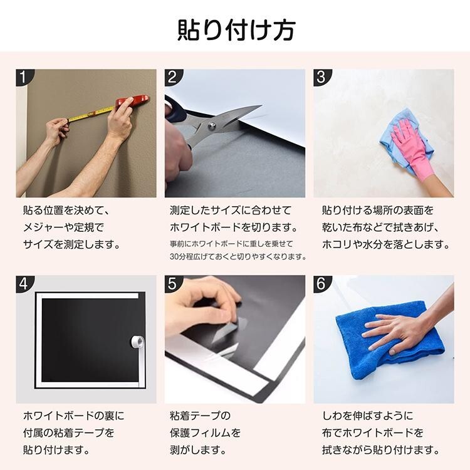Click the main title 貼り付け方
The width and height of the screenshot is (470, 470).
[236, 30]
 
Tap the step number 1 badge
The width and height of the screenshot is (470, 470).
[24, 77]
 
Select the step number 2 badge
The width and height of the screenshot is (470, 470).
[173, 77]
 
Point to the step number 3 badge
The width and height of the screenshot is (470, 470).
[321, 77]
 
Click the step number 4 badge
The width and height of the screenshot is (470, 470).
[24, 283]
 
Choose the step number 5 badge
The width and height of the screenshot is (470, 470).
[173, 283]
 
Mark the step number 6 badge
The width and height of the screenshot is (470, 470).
[321, 283]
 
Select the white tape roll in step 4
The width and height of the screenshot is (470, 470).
[138, 342]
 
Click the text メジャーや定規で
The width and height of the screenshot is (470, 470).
[63, 227]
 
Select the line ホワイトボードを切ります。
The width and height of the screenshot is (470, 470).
[234, 227]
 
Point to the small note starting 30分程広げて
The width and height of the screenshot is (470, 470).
[238, 256]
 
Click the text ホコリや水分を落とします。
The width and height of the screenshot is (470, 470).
[386, 244]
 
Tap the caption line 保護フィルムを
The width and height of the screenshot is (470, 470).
[205, 432]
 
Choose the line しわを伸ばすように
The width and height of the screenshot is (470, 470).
[367, 415]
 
